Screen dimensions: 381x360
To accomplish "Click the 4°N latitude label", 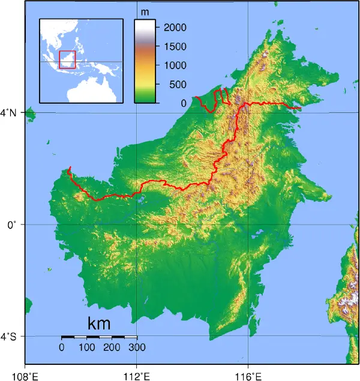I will tap(12, 112).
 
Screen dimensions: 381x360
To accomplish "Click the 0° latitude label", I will tap(12, 224).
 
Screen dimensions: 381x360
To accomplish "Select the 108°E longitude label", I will tap(25, 376).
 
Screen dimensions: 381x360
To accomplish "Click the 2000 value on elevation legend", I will tap(175, 28).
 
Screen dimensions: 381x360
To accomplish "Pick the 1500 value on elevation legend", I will tap(175, 46).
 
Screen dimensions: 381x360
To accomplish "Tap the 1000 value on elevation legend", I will tap(175, 65).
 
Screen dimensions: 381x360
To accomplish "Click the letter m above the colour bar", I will tap(145, 12).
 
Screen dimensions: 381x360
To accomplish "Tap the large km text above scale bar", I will tap(99, 324).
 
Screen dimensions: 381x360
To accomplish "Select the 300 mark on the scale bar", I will tap(137, 347).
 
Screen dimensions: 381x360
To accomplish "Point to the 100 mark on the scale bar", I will tap(87, 347).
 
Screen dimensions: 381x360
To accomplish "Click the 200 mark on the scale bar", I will tap(112, 347).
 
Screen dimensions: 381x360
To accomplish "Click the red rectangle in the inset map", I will tap(67, 59).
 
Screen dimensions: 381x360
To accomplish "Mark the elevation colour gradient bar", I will tap(145, 61).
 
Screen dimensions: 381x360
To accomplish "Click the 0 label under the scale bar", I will tap(62, 347).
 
